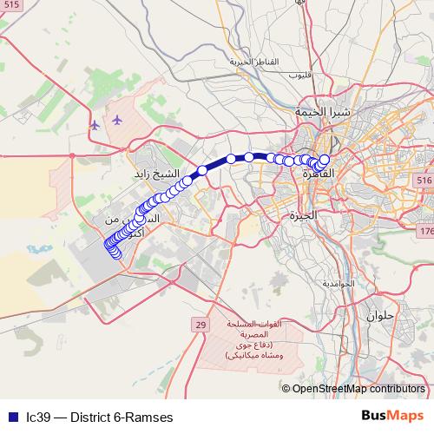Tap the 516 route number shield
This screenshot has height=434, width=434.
[x=424, y=179]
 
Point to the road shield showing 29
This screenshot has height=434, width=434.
[x=201, y=325]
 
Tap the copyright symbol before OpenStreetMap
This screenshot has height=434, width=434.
[x=286, y=389]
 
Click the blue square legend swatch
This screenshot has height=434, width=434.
[x=12, y=418]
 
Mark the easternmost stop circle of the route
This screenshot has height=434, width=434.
[x=325, y=160]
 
